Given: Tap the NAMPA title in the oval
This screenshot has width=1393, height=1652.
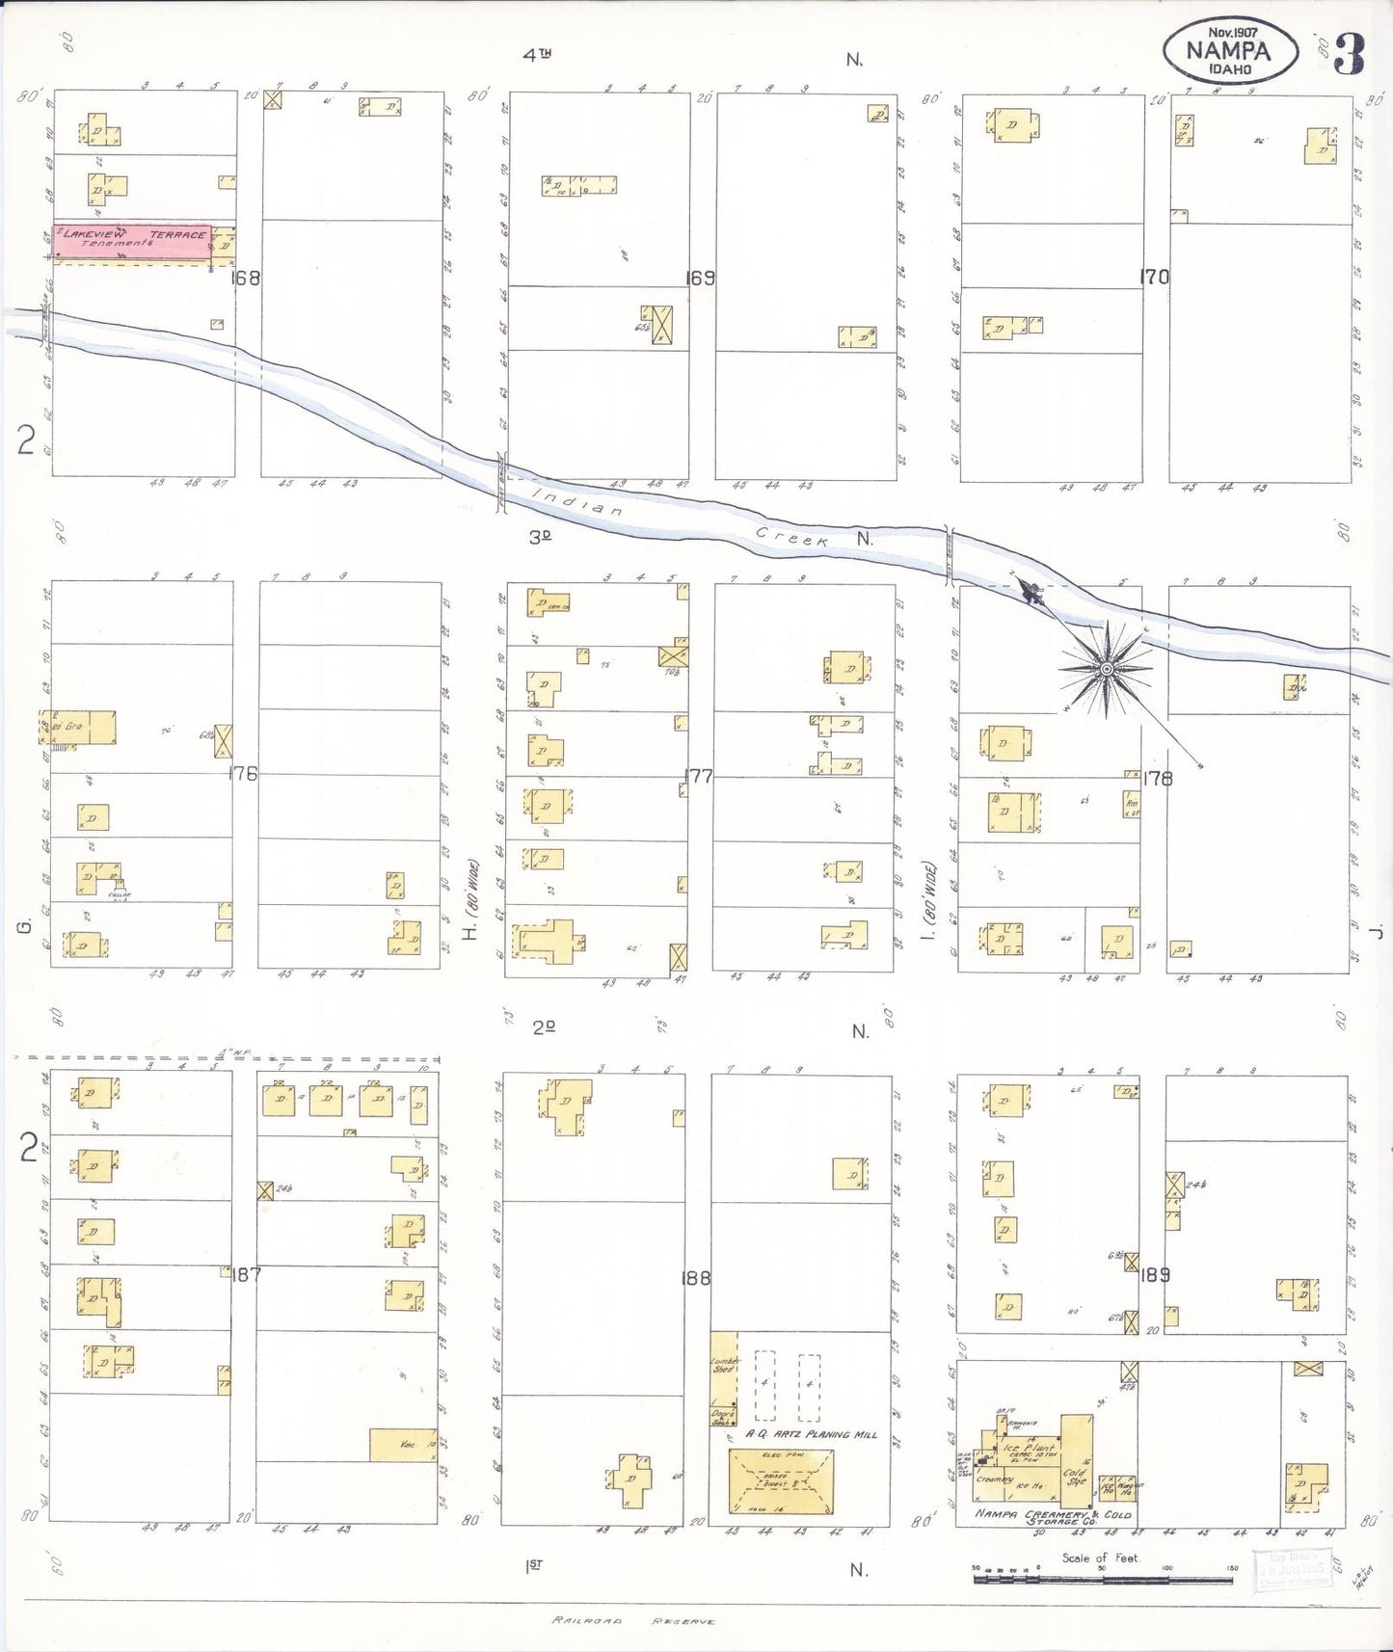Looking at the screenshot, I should (1227, 50).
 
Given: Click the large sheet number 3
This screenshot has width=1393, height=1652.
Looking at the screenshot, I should (1349, 55).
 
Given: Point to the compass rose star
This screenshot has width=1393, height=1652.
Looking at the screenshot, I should (1106, 668).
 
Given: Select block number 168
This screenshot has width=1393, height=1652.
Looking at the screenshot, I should (246, 278).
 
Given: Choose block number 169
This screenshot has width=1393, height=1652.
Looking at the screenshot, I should (700, 278).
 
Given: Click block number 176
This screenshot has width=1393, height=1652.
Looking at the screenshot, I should (244, 773).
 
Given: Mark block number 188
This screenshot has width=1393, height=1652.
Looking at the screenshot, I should (695, 1278).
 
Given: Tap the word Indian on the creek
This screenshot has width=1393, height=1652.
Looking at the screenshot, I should (577, 503).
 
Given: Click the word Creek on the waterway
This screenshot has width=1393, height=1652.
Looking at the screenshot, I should (791, 538).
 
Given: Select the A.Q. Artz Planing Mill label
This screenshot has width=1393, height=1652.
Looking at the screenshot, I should (811, 1434).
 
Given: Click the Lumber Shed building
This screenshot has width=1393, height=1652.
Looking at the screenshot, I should (724, 1369).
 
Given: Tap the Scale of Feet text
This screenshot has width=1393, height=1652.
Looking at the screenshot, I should (1099, 1558).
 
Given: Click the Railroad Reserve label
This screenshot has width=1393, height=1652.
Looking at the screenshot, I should (633, 1621).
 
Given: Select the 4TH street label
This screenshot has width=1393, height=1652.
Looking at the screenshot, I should (537, 56).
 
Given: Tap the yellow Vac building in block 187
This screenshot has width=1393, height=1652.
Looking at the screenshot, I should (403, 1445).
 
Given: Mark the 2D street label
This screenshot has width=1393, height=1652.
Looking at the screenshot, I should (544, 1027).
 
